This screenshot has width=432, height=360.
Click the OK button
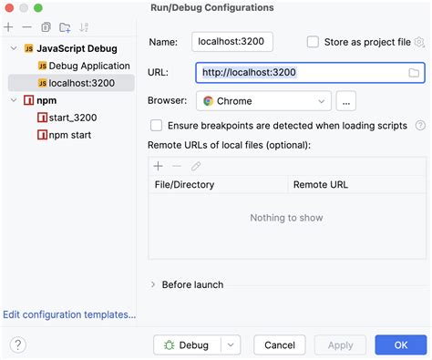401,345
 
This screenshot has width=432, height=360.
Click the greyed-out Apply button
340,345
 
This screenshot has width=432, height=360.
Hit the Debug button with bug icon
188,345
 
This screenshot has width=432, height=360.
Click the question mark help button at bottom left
18,345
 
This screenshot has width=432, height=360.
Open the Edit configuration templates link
69,314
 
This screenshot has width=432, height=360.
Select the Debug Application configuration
88,67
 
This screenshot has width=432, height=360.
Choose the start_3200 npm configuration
72,118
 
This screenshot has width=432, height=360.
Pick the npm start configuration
69,135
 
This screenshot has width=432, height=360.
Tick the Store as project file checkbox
314,42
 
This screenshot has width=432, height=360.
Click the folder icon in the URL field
413,72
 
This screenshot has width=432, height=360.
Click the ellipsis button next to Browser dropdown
345,101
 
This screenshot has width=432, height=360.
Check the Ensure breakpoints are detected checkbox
157,126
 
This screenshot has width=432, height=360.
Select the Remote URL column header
320,185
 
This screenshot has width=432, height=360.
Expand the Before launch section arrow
153,284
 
